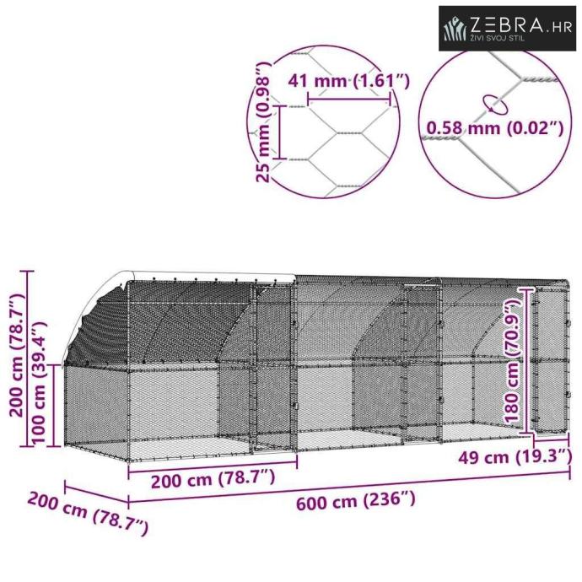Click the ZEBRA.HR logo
click(507, 28)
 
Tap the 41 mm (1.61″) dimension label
click(349, 81)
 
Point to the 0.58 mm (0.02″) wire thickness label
click(495, 128)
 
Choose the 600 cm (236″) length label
click(355, 501)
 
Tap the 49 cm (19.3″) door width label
click(515, 456)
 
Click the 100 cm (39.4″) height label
click(39, 381)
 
